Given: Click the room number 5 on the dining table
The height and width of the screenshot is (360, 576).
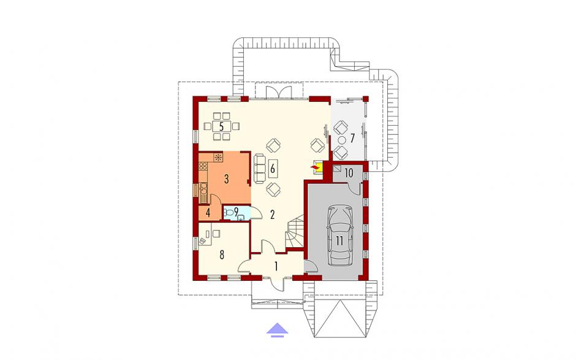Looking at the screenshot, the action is tap(221, 126).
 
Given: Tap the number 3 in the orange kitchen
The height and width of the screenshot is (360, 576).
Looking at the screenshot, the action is tap(226, 179).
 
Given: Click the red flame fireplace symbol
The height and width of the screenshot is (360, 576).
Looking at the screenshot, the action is tap(316, 168).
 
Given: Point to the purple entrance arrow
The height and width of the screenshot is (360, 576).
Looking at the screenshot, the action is tap(277, 330).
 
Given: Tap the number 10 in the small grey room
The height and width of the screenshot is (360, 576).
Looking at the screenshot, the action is tap(349, 172).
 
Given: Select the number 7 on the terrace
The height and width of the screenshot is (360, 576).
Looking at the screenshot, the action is tap(352, 138).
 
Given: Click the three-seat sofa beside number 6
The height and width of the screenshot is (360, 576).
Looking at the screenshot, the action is tap(260, 169).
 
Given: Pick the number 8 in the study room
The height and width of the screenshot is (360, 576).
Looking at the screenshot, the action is tap(221, 255).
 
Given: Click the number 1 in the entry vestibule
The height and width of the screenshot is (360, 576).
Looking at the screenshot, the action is tap(276, 266).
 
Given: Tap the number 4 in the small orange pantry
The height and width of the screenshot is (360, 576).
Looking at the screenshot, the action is tap(208, 213).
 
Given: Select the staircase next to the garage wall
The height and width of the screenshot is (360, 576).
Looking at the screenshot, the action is tap(295, 232).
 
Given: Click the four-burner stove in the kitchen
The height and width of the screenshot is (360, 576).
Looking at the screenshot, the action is tap(203, 166).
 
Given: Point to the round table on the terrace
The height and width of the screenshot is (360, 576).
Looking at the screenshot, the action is tap(342, 140).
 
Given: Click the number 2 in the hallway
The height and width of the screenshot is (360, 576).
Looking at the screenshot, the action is tap(272, 215).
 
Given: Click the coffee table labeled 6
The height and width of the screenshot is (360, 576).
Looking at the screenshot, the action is tap(272, 169).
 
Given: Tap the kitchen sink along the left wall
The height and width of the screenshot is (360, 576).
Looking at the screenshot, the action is tap(203, 190).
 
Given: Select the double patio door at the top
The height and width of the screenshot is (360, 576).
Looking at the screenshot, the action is tap(279, 92).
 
